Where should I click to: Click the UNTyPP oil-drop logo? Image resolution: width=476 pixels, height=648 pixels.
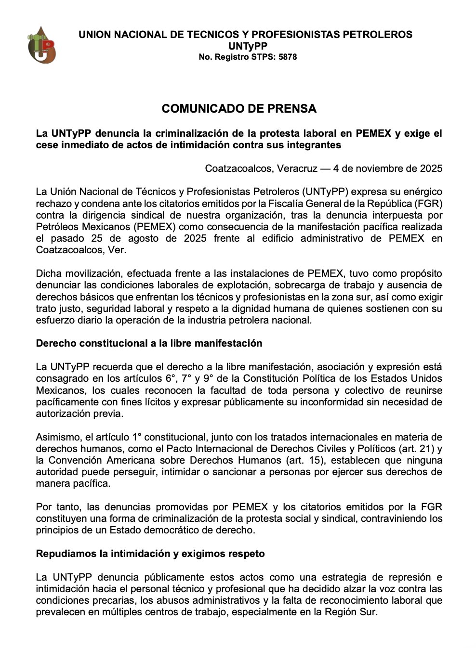(x=42, y=45)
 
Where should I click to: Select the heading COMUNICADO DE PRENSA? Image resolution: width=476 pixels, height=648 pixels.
(x=239, y=109)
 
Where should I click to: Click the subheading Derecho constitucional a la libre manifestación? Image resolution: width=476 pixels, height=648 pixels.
(x=149, y=343)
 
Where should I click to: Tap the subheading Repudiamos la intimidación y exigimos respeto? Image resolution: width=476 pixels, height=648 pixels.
(x=150, y=554)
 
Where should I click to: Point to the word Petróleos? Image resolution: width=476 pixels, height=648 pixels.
(x=58, y=227)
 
